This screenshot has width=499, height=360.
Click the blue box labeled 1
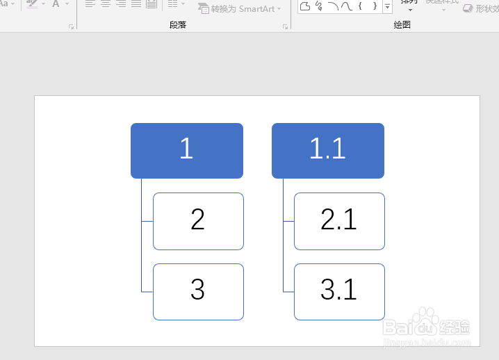coord(186,150)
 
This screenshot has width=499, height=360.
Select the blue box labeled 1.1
coord(327,150)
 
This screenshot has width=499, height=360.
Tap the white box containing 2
coord(198,221)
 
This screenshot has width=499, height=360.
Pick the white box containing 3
coord(198,292)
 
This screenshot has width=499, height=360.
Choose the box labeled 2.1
coord(339,221)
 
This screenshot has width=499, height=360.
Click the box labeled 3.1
coord(339,292)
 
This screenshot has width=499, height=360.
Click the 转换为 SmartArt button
coord(240,8)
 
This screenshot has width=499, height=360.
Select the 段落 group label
coord(178,24)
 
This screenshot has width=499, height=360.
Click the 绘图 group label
coord(402,24)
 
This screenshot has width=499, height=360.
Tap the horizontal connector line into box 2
coord(147,222)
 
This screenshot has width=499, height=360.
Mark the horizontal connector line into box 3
coord(147,292)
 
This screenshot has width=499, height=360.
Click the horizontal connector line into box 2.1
coord(288,222)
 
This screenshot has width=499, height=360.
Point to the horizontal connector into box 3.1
coord(288,292)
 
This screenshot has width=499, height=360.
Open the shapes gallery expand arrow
coord(387,7)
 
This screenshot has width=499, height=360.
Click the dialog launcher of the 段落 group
coord(285,26)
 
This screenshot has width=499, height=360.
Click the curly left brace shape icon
coord(360,6)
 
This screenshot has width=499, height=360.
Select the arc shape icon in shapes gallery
coord(332,6)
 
